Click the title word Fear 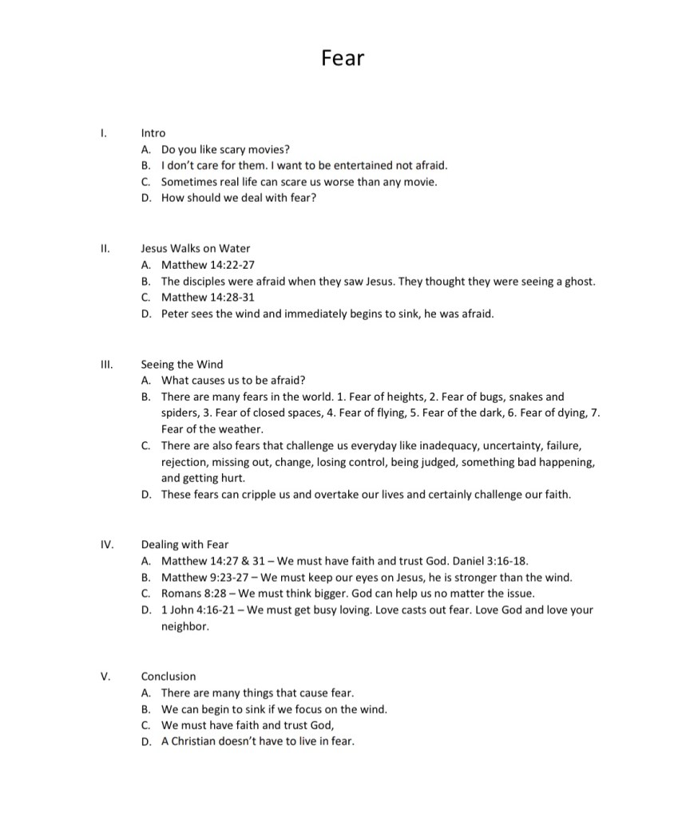(x=343, y=58)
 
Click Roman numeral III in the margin (x=106, y=364)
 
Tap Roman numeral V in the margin (x=105, y=677)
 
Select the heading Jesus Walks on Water (x=196, y=248)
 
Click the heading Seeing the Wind (x=182, y=364)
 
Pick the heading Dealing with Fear (x=184, y=545)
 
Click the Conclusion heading (x=169, y=677)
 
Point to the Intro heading (x=153, y=132)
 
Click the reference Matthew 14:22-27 (x=208, y=265)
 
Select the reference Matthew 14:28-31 (x=208, y=298)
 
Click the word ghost (x=577, y=282)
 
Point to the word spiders (x=180, y=412)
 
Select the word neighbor (x=184, y=627)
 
